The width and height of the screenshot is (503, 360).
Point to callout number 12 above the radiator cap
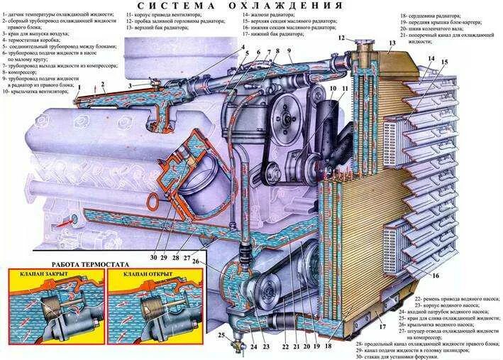coord(341,37)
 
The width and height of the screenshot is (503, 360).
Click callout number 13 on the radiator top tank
coord(392,44)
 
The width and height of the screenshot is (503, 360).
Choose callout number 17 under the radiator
coord(381,328)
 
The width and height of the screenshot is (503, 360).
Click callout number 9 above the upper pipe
coord(289,51)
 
